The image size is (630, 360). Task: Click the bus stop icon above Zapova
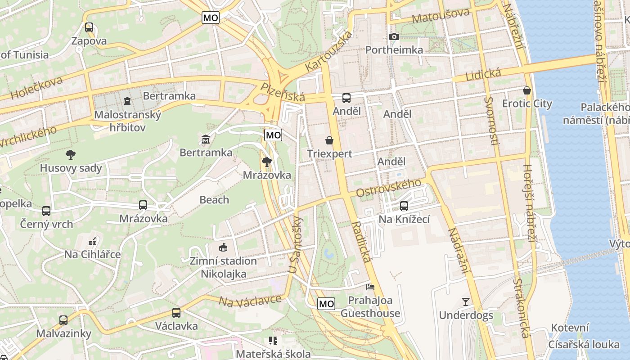[89, 27]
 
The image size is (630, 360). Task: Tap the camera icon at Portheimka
[394, 36]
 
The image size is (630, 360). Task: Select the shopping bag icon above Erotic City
[527, 90]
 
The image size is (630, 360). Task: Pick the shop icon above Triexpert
[329, 140]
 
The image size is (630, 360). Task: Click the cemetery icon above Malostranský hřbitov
[127, 100]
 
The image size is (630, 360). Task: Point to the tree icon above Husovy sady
[71, 155]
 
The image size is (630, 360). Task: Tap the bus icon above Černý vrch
[46, 211]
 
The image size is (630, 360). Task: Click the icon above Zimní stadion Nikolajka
[223, 247]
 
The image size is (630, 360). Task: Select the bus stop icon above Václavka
[176, 312]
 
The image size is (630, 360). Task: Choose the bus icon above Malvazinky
[63, 320]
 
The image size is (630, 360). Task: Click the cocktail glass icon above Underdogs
[466, 301]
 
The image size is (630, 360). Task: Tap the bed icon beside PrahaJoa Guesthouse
[370, 287]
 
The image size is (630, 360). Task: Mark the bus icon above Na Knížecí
[404, 206]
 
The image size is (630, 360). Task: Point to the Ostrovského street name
[388, 188]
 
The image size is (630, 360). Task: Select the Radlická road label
[361, 242]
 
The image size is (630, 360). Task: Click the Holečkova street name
[36, 88]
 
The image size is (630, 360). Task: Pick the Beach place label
[214, 200]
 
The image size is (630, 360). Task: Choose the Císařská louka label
[584, 345]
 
